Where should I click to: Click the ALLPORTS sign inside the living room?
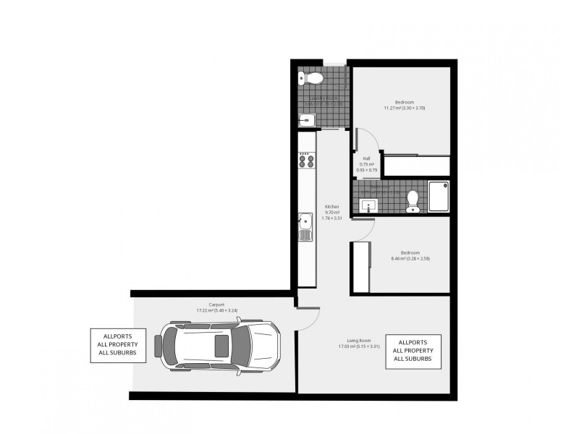point(413,350)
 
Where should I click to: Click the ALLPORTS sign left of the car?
point(119,345)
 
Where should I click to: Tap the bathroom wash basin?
point(368,205)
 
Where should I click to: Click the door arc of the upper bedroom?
point(364,141)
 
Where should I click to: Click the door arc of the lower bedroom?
point(365,228)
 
